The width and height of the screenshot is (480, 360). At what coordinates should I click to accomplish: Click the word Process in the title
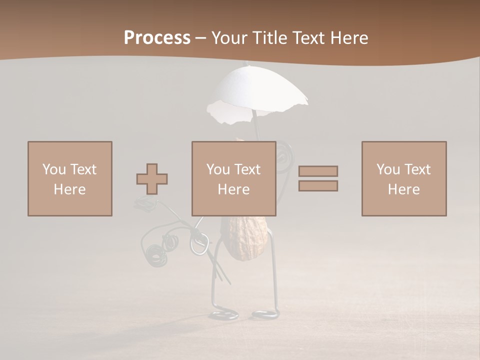pyautogui.click(x=157, y=37)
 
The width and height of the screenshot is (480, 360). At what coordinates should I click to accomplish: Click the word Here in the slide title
pyautogui.click(x=350, y=38)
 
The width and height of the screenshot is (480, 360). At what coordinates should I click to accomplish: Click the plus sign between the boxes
pyautogui.click(x=152, y=178)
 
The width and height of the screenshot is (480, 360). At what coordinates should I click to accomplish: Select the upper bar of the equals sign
pyautogui.click(x=318, y=171)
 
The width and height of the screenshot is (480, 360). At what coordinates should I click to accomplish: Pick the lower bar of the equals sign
pyautogui.click(x=318, y=185)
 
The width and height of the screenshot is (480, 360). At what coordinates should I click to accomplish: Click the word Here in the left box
pyautogui.click(x=69, y=189)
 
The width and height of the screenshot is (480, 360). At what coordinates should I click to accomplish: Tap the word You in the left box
pyautogui.click(x=54, y=169)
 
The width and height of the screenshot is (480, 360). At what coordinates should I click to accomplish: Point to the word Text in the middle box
pyautogui.click(x=247, y=169)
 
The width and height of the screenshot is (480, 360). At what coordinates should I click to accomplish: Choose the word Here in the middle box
pyautogui.click(x=233, y=189)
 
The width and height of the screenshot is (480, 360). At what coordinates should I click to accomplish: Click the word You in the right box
pyautogui.click(x=388, y=169)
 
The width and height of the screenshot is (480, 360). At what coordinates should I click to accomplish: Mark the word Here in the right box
pyautogui.click(x=403, y=189)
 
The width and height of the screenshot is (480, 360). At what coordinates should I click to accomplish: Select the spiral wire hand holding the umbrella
pyautogui.click(x=284, y=152)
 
